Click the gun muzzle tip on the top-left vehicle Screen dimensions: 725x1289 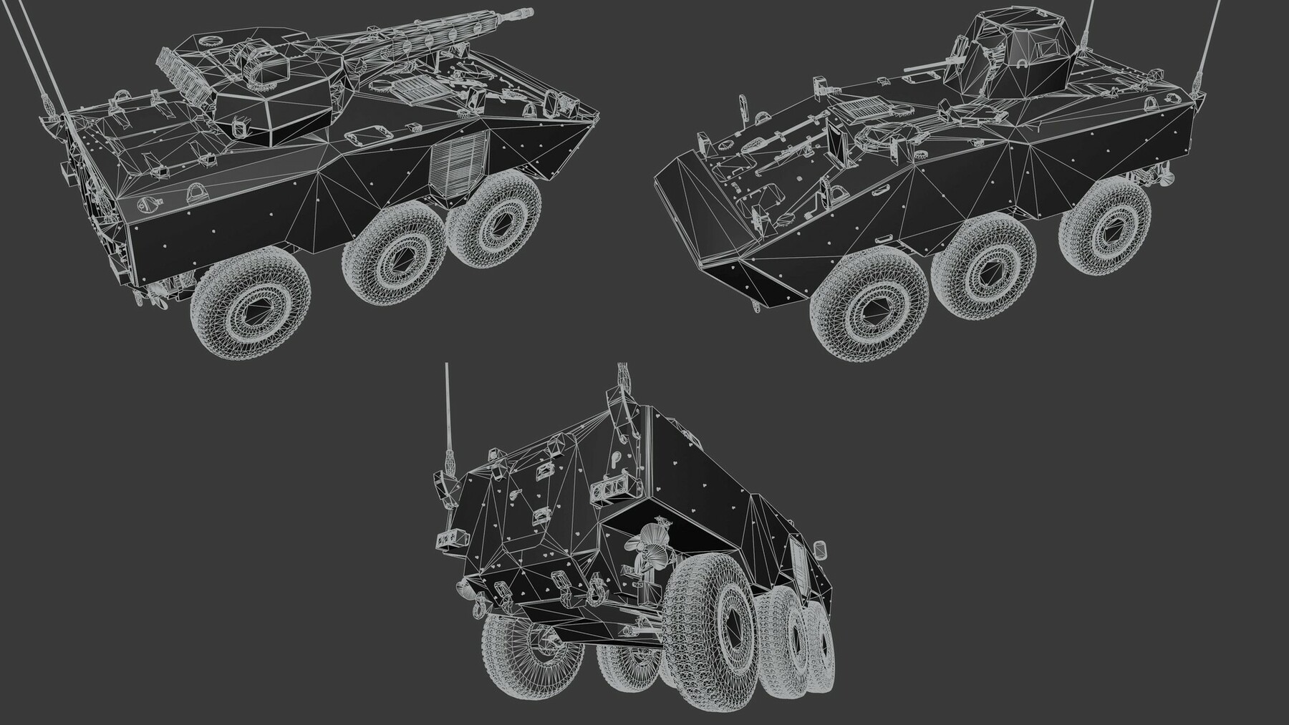point(528,12)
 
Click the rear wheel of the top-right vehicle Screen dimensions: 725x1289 point(1104,220)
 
